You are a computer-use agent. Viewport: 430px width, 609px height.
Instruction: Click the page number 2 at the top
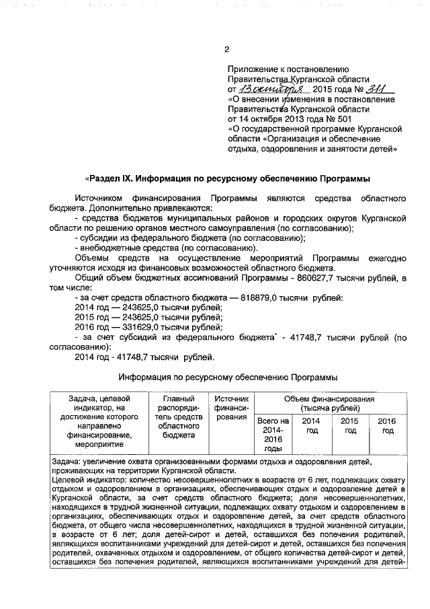[x=226, y=49]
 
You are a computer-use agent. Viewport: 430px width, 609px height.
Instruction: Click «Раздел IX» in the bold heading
[x=110, y=179]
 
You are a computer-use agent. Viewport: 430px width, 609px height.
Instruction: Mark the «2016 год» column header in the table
[x=387, y=425]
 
